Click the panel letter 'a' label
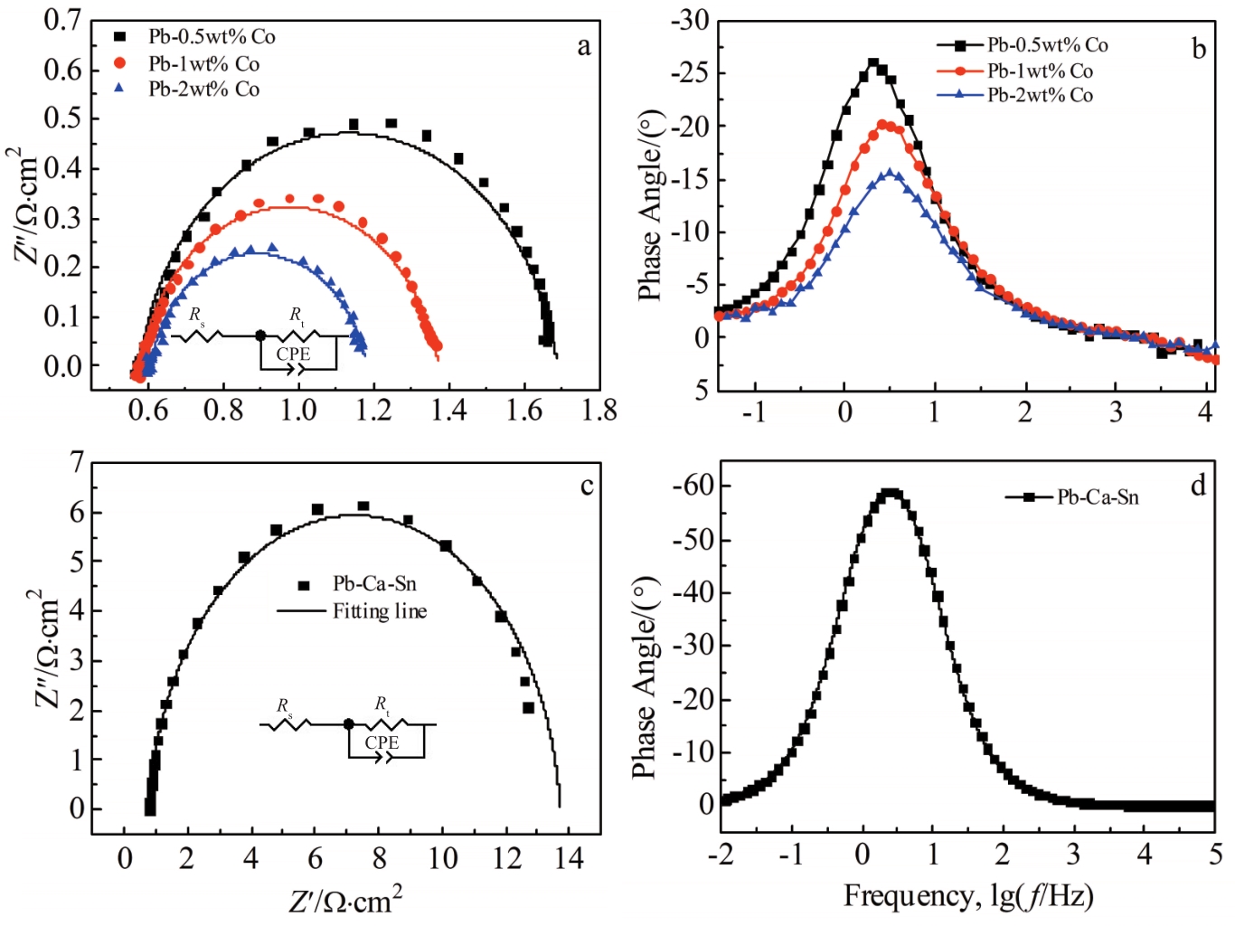[584, 46]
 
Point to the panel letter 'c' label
[587, 487]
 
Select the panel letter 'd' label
[1198, 486]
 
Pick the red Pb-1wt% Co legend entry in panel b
[1040, 71]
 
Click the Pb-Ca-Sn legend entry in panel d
[1098, 497]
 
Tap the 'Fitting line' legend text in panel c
[380, 611]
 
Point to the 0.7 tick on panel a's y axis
[62, 20]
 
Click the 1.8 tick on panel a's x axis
[599, 411]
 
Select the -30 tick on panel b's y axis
[691, 20]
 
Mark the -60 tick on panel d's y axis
[693, 486]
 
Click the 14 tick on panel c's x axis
[568, 857]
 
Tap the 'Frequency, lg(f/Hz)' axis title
[968, 896]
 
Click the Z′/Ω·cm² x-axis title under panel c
[345, 901]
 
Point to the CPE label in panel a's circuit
[293, 354]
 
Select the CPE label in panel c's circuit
[382, 742]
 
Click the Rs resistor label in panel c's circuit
[285, 705]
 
